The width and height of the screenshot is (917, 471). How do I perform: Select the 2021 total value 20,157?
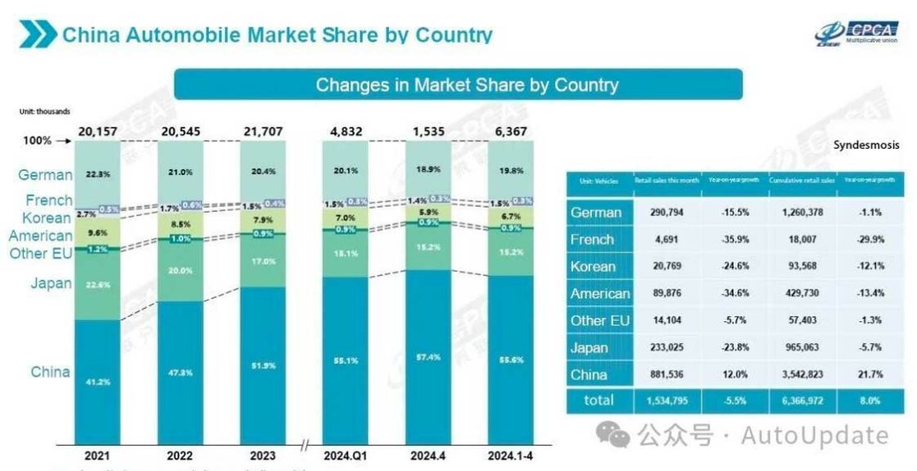(98, 130)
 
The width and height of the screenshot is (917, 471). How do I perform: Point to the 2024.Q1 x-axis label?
(345, 455)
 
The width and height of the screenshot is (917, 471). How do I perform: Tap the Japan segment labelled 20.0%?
(180, 271)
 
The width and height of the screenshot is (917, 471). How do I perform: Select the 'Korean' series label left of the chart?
(47, 218)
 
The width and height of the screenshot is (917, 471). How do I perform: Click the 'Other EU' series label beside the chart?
(41, 253)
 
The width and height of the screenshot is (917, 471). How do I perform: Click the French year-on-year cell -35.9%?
(734, 240)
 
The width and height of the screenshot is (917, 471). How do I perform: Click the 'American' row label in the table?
(600, 294)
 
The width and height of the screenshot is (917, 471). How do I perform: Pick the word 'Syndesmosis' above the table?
(868, 145)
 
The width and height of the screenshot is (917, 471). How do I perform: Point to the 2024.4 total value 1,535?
(427, 130)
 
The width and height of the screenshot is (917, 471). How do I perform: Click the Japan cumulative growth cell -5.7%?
(870, 348)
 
